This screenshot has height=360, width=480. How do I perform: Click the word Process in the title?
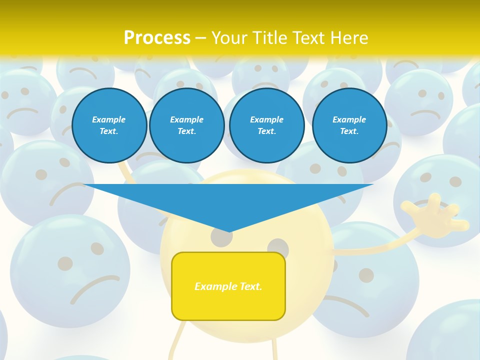pyautogui.click(x=157, y=37)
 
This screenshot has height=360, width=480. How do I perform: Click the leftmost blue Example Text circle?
pyautogui.click(x=109, y=125)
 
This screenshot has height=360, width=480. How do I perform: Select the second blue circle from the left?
pyautogui.click(x=186, y=125)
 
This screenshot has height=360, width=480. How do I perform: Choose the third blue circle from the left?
pyautogui.click(x=266, y=125)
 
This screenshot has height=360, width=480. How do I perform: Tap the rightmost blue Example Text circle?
pyautogui.click(x=349, y=125)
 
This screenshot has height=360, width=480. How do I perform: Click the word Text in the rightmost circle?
pyautogui.click(x=349, y=131)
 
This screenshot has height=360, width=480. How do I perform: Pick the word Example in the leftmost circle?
pyautogui.click(x=109, y=119)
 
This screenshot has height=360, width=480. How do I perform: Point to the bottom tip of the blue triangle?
pyautogui.click(x=229, y=231)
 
